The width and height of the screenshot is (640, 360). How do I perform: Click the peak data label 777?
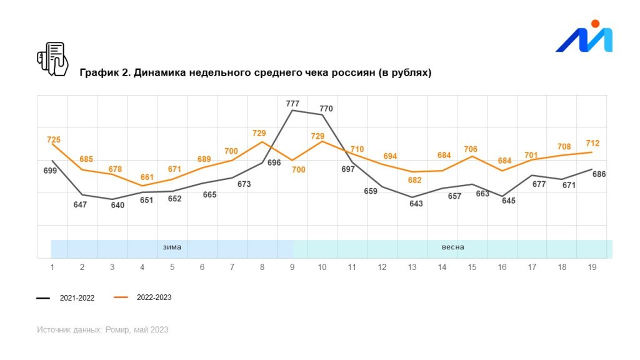(292, 104)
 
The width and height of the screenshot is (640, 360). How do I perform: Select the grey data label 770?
(326, 109)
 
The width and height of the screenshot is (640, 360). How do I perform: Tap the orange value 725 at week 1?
(54, 139)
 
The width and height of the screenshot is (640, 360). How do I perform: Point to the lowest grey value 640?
(117, 205)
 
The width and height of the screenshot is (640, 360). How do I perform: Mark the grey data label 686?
(599, 174)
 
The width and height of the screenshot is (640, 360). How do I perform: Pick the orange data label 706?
(471, 149)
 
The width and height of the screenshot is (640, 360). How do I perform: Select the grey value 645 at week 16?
(509, 201)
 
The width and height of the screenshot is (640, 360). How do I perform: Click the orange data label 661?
(147, 177)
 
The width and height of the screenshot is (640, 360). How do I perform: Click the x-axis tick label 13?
(412, 267)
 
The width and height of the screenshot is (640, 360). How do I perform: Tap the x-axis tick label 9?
(292, 267)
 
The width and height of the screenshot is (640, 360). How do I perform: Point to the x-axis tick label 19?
(592, 267)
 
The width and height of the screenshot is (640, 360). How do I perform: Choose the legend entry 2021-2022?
(77, 298)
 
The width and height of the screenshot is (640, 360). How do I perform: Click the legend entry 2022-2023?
(154, 297)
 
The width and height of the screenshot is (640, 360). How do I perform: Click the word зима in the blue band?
(172, 247)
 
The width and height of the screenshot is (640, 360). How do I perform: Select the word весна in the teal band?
(452, 247)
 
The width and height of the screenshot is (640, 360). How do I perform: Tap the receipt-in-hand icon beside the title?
(52, 59)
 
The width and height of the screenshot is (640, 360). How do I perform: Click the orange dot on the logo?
(595, 24)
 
